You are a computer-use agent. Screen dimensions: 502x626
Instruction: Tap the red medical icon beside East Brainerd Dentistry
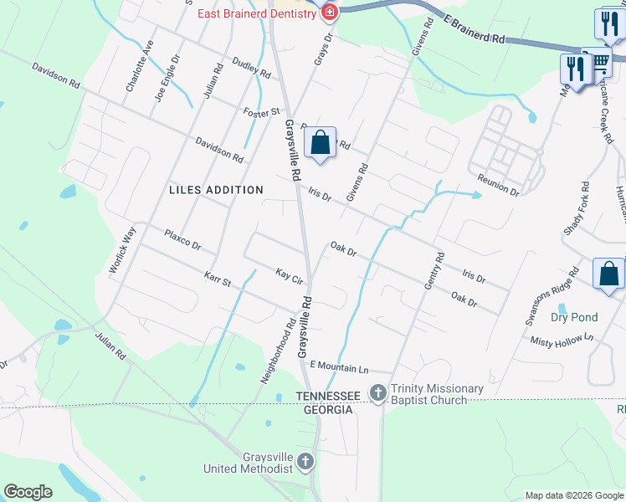tap(330, 13)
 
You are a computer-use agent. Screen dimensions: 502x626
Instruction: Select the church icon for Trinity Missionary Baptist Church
tap(378, 392)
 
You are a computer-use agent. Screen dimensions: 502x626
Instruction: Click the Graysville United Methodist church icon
tap(306, 460)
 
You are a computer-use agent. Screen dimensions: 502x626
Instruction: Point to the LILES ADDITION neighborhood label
tap(216, 190)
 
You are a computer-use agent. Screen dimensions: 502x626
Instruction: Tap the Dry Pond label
tap(574, 317)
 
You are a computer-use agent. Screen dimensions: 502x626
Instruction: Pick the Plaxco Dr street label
tap(182, 240)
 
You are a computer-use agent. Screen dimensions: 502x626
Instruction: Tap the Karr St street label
tap(217, 278)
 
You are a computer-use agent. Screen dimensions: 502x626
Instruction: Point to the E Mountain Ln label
tap(339, 367)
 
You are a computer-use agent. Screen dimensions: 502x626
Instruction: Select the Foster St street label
tap(261, 111)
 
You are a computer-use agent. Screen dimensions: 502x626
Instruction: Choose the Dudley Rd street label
tap(252, 69)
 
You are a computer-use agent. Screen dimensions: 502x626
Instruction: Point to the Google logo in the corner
tap(28, 492)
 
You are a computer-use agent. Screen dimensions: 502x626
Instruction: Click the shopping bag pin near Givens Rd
tap(320, 145)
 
